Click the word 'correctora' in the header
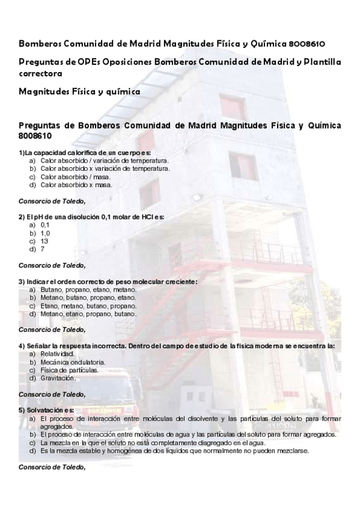pyautogui.click(x=40, y=73)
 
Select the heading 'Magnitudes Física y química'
pyautogui.click(x=79, y=91)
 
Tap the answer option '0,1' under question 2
pyautogui.click(x=45, y=224)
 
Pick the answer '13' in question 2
pyautogui.click(x=44, y=241)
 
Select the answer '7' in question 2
pyautogui.click(x=43, y=248)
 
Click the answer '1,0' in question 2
pyautogui.click(x=45, y=232)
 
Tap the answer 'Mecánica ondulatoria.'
pyautogui.click(x=73, y=362)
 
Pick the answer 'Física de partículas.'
pyautogui.click(x=69, y=370)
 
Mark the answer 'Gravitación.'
pyautogui.click(x=58, y=378)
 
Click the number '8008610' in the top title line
pyautogui.click(x=308, y=45)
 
